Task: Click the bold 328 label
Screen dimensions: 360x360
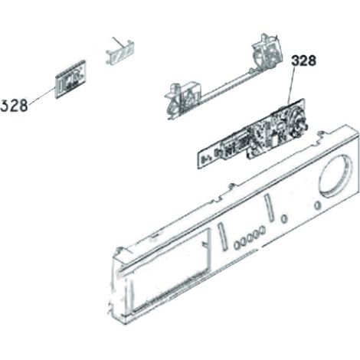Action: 303,61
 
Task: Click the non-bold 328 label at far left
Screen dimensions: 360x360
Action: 14,106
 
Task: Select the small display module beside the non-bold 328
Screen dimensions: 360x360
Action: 70,79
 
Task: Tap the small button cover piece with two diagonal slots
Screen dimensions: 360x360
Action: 120,52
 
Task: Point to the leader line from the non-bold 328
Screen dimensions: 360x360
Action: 42,96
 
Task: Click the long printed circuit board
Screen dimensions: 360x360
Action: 251,135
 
